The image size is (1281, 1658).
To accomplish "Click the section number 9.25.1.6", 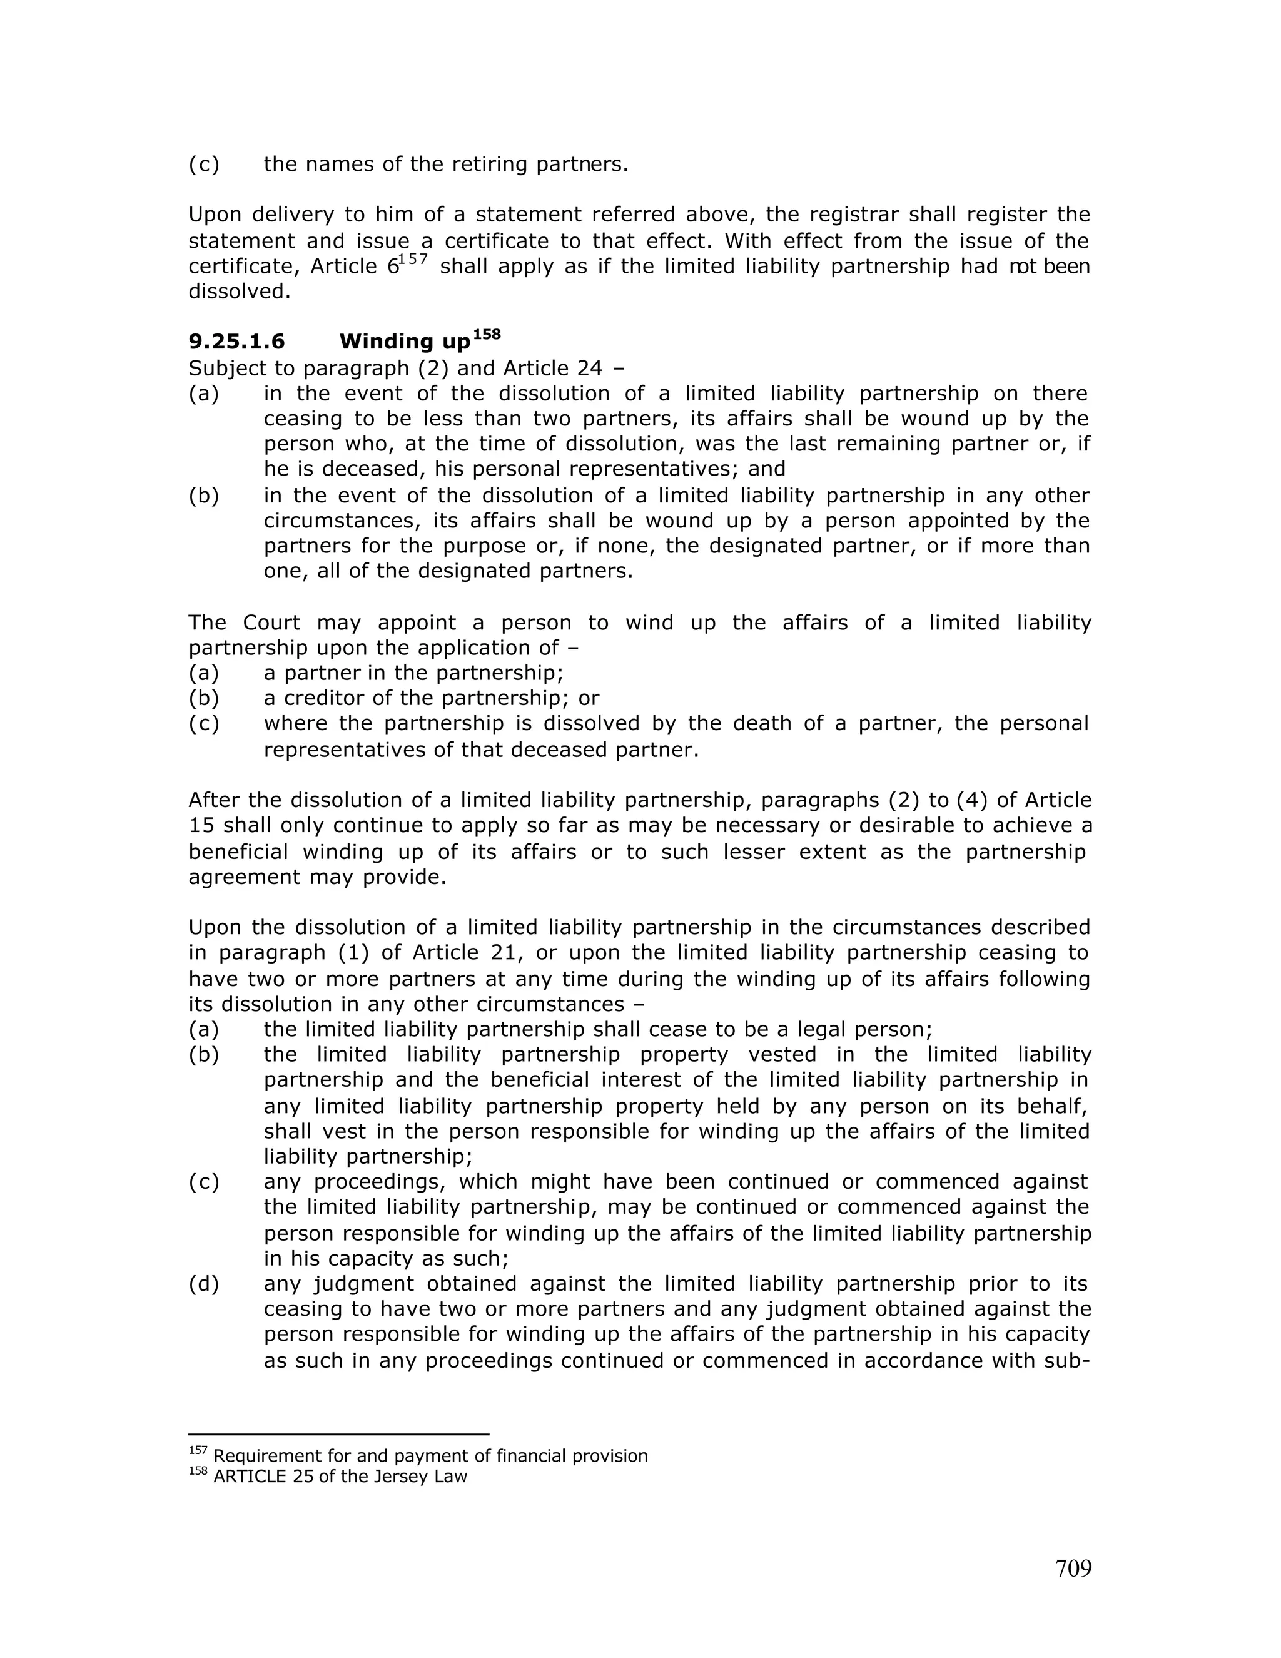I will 237,342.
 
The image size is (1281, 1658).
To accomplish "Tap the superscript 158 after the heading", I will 487,334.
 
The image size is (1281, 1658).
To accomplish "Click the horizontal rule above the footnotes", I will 338,1434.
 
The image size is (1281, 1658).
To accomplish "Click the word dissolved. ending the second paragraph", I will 239,292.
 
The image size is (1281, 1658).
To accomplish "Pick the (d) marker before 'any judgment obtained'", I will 203,1284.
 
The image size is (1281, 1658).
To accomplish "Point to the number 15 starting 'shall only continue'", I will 200,825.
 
